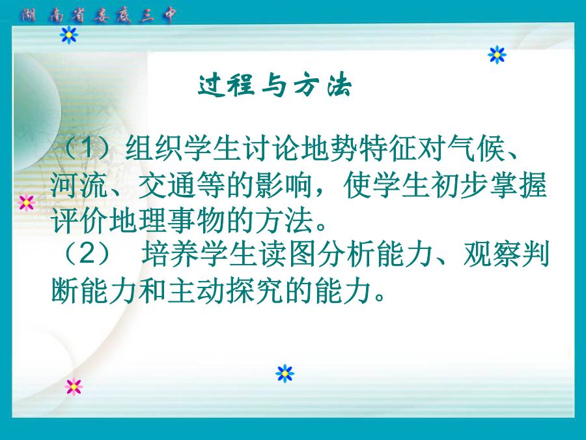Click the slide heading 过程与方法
click(x=275, y=85)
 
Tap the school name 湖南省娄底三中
click(x=98, y=16)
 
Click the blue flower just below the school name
click(x=69, y=35)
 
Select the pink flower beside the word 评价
click(x=27, y=203)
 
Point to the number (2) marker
click(x=87, y=254)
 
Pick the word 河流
click(x=79, y=185)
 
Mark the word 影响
click(x=284, y=185)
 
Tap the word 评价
click(x=79, y=220)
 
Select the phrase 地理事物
click(x=167, y=220)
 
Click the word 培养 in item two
click(x=170, y=254)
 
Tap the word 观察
click(x=492, y=254)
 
